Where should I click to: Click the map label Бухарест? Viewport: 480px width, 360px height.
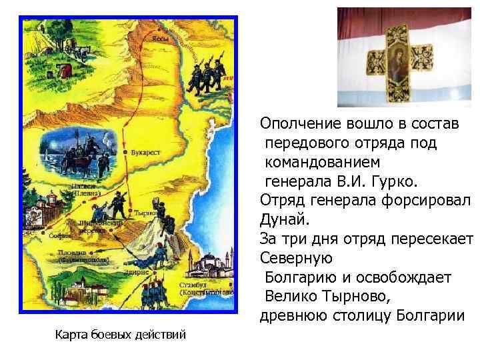coord(146,153)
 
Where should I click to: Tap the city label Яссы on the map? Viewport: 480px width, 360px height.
coord(160,39)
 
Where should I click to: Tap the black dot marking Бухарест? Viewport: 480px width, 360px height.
coord(127,153)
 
